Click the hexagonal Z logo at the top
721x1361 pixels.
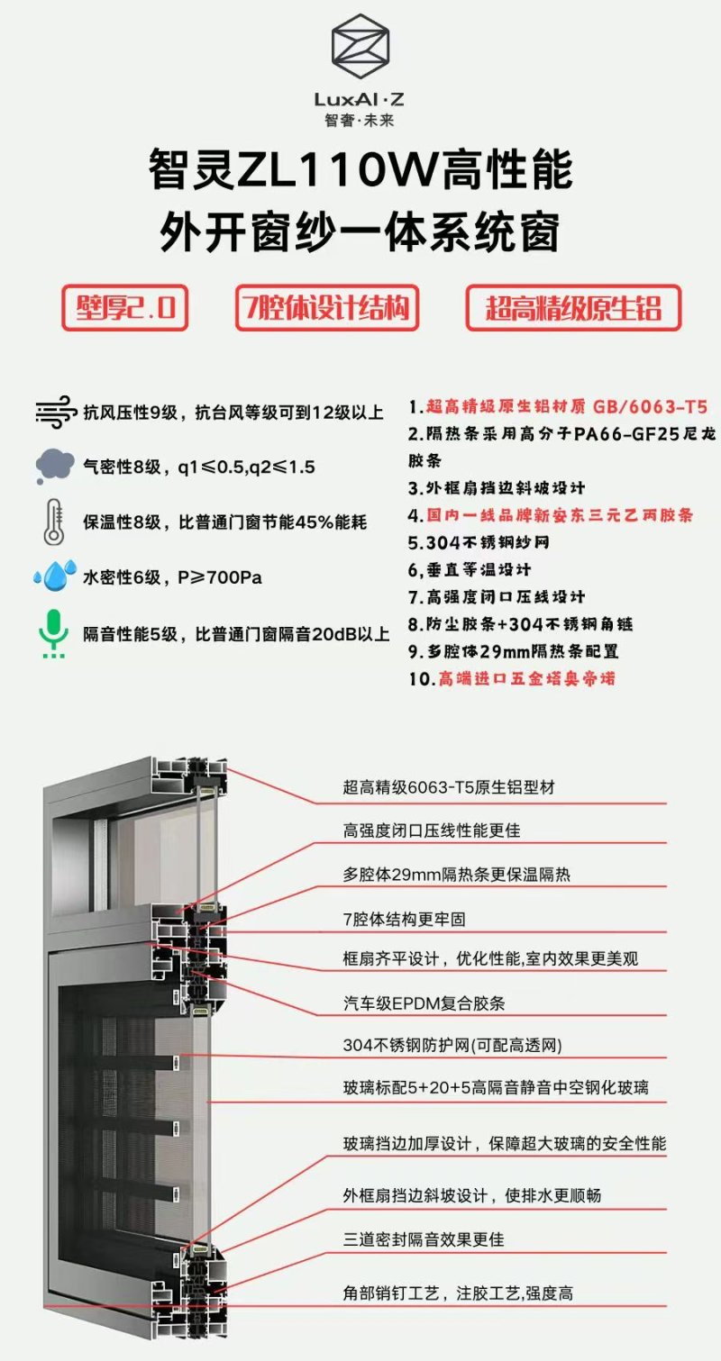[360, 46]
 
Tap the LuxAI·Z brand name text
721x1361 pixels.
[360, 99]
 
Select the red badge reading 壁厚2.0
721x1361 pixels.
[125, 307]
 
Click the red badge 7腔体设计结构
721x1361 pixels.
[327, 307]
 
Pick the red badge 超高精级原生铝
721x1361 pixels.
[573, 307]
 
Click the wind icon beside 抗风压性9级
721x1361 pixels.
[56, 412]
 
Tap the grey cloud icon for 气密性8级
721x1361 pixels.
[55, 467]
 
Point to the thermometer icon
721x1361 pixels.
[54, 522]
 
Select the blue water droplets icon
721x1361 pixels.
[55, 576]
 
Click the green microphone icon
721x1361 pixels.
[54, 634]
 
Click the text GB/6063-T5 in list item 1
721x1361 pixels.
[650, 406]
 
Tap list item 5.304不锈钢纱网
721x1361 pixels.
[479, 542]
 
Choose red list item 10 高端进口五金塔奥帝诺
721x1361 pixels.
[512, 678]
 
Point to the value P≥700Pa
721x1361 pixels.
[220, 577]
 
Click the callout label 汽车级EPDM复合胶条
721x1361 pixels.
[424, 1003]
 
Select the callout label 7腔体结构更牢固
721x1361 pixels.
[405, 919]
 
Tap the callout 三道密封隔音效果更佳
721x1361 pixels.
[424, 1239]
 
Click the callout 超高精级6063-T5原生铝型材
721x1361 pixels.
[449, 787]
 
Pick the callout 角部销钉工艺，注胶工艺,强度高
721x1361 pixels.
[458, 1293]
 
